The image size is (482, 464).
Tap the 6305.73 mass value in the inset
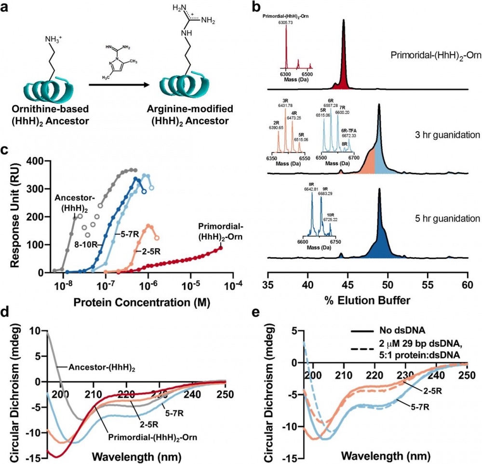(x=286, y=22)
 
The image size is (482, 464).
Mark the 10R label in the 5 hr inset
(x=333, y=215)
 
